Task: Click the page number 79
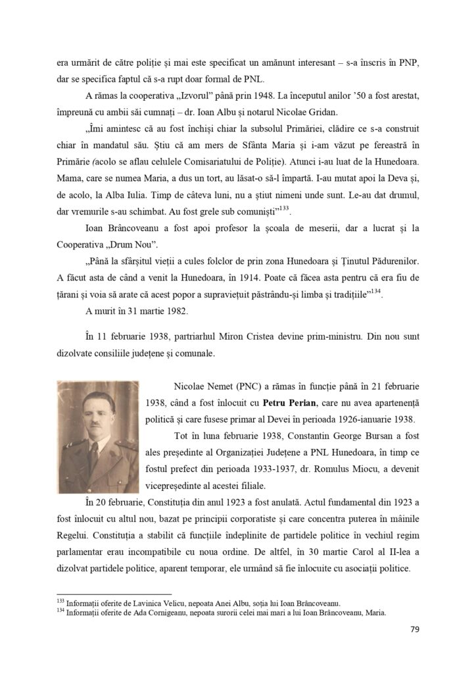coord(414,629)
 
